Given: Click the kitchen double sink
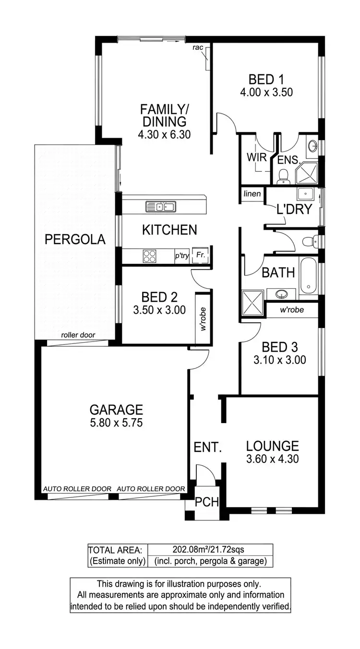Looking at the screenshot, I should point(160,207).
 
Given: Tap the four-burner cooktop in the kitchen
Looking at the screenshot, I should point(149,256).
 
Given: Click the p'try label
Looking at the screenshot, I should point(181,256).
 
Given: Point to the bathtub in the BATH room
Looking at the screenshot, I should point(308,277).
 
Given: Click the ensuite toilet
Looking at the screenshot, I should point(283,176).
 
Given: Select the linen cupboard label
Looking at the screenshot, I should point(252,194).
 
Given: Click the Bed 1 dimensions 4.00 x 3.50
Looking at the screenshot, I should point(267,92).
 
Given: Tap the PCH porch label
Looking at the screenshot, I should point(207,502).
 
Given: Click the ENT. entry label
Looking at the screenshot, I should point(207,448).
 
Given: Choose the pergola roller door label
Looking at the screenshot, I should point(78,335).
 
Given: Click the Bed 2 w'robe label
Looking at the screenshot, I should point(203,319).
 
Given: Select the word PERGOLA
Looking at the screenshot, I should point(75,239).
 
